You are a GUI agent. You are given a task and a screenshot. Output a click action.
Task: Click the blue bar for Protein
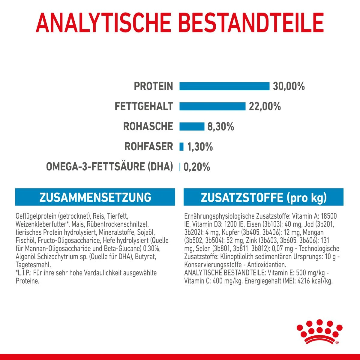tap(224, 86)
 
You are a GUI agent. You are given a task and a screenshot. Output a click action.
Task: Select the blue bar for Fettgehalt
tap(212, 106)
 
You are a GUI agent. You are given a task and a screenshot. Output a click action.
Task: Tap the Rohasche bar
tap(192, 127)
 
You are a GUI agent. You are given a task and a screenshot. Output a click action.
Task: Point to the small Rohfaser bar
tap(181, 147)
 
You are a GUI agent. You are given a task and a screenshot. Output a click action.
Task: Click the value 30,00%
tap(289, 86)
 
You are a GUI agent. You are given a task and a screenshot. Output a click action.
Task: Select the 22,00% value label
tap(265, 106)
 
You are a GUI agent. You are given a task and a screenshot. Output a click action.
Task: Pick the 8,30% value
tap(220, 127)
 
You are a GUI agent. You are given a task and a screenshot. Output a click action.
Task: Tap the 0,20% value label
tap(196, 167)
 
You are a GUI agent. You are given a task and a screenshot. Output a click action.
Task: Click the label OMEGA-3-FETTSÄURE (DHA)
tap(109, 167)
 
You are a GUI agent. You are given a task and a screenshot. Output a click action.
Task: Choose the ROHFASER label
tap(149, 147)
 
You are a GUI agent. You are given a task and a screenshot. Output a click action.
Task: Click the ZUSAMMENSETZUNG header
tap(95, 197)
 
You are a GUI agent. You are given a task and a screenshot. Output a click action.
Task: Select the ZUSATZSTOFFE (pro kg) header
tap(263, 197)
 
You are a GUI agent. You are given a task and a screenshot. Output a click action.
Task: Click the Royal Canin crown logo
tap(319, 331)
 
